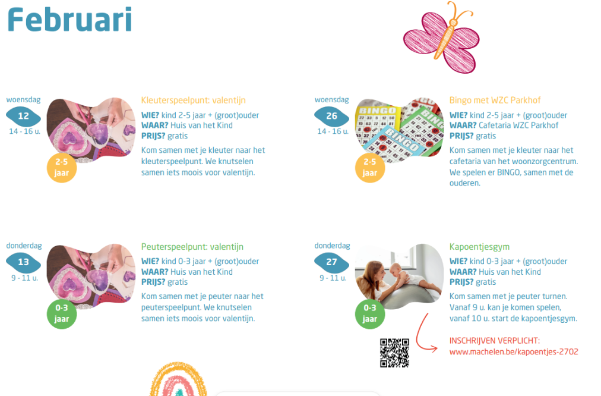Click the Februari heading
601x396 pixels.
[x=69, y=20]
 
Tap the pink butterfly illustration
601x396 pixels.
[x=442, y=37]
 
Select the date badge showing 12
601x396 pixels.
[x=23, y=116]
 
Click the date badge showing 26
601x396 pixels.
[x=331, y=116]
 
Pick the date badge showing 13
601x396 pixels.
[x=23, y=262]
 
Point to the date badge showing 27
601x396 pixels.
[x=331, y=262]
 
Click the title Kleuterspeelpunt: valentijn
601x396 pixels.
[x=193, y=100]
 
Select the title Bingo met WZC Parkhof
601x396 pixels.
[x=495, y=100]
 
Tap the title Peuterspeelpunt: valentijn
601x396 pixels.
[x=192, y=247]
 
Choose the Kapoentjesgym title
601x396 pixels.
[x=479, y=247]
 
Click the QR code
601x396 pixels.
[x=394, y=353]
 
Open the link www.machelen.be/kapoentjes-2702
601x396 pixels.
[x=514, y=352]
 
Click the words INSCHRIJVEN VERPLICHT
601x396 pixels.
[x=494, y=341]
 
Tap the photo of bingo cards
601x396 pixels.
[x=399, y=130]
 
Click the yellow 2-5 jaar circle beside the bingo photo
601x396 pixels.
[x=370, y=168]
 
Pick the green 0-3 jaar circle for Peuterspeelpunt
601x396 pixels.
[x=62, y=314]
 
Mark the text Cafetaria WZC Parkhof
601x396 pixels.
[x=518, y=125]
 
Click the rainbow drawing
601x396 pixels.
[x=178, y=379]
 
